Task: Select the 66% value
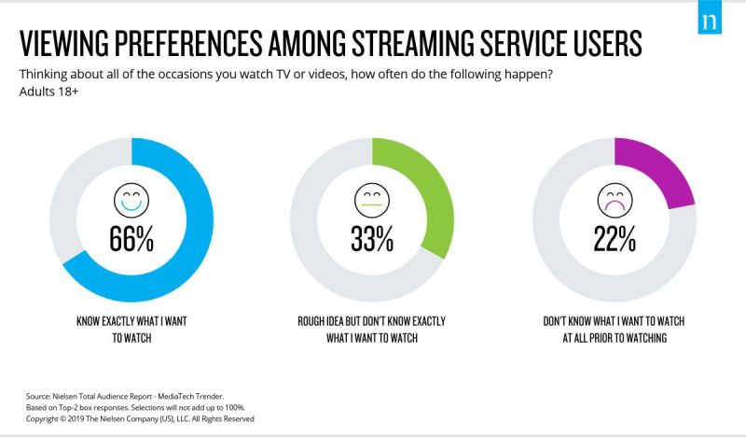click(131, 239)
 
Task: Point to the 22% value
click(615, 239)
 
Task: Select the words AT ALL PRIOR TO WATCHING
click(615, 337)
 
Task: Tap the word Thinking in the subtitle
click(43, 76)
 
